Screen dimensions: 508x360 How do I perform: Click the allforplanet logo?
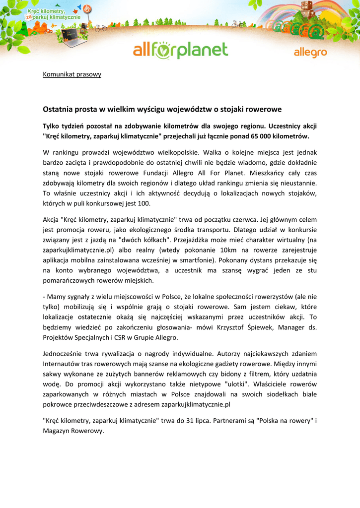tap(180, 51)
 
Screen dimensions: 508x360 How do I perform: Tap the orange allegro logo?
tap(310, 53)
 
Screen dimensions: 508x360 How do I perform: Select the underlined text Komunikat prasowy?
tap(72, 74)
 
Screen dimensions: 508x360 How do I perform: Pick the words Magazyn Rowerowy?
tap(73, 431)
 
